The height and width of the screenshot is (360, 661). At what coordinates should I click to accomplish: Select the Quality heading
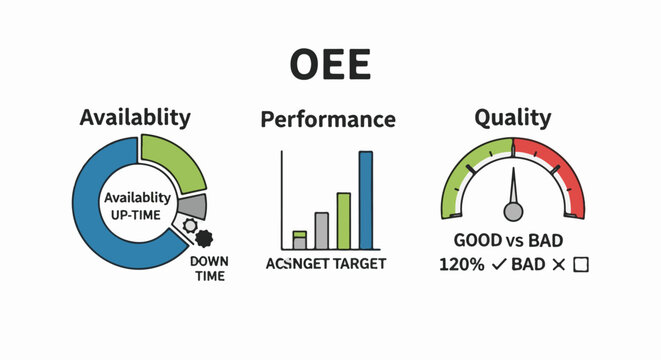[x=513, y=118]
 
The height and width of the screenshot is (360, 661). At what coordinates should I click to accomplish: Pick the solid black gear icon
[x=204, y=238]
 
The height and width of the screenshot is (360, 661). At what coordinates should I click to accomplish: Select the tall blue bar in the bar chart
[x=365, y=199]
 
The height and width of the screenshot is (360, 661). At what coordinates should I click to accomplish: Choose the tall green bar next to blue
[x=343, y=220]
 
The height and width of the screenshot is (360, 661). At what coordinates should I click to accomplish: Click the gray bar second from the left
[x=321, y=230]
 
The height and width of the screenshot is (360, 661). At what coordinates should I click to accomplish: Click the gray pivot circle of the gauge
[x=513, y=211]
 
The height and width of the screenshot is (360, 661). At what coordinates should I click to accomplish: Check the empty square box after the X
[x=580, y=265]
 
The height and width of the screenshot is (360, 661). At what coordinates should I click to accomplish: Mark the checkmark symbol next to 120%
[x=495, y=265]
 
